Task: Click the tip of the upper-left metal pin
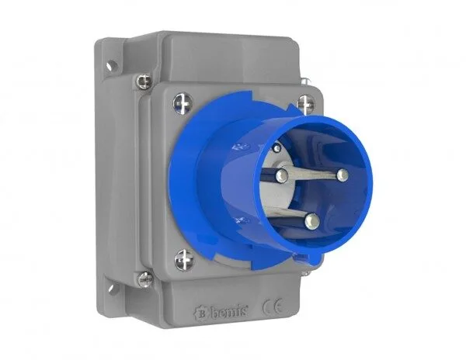(282, 175)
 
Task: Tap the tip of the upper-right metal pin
(343, 175)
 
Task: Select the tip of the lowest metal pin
(311, 221)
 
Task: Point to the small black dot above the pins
(277, 147)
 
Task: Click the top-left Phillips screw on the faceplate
(183, 103)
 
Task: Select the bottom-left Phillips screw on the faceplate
(183, 259)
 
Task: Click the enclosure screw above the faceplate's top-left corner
(144, 81)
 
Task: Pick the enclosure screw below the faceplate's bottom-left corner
(145, 279)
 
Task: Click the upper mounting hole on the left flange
(112, 65)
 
